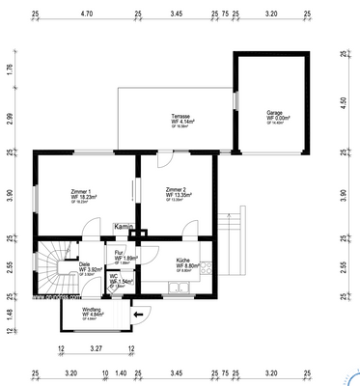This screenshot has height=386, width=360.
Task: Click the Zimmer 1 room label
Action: [x=83, y=194]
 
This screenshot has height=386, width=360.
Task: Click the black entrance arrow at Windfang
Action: [x=137, y=312]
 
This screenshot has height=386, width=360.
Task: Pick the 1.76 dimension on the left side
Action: [x=8, y=69]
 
